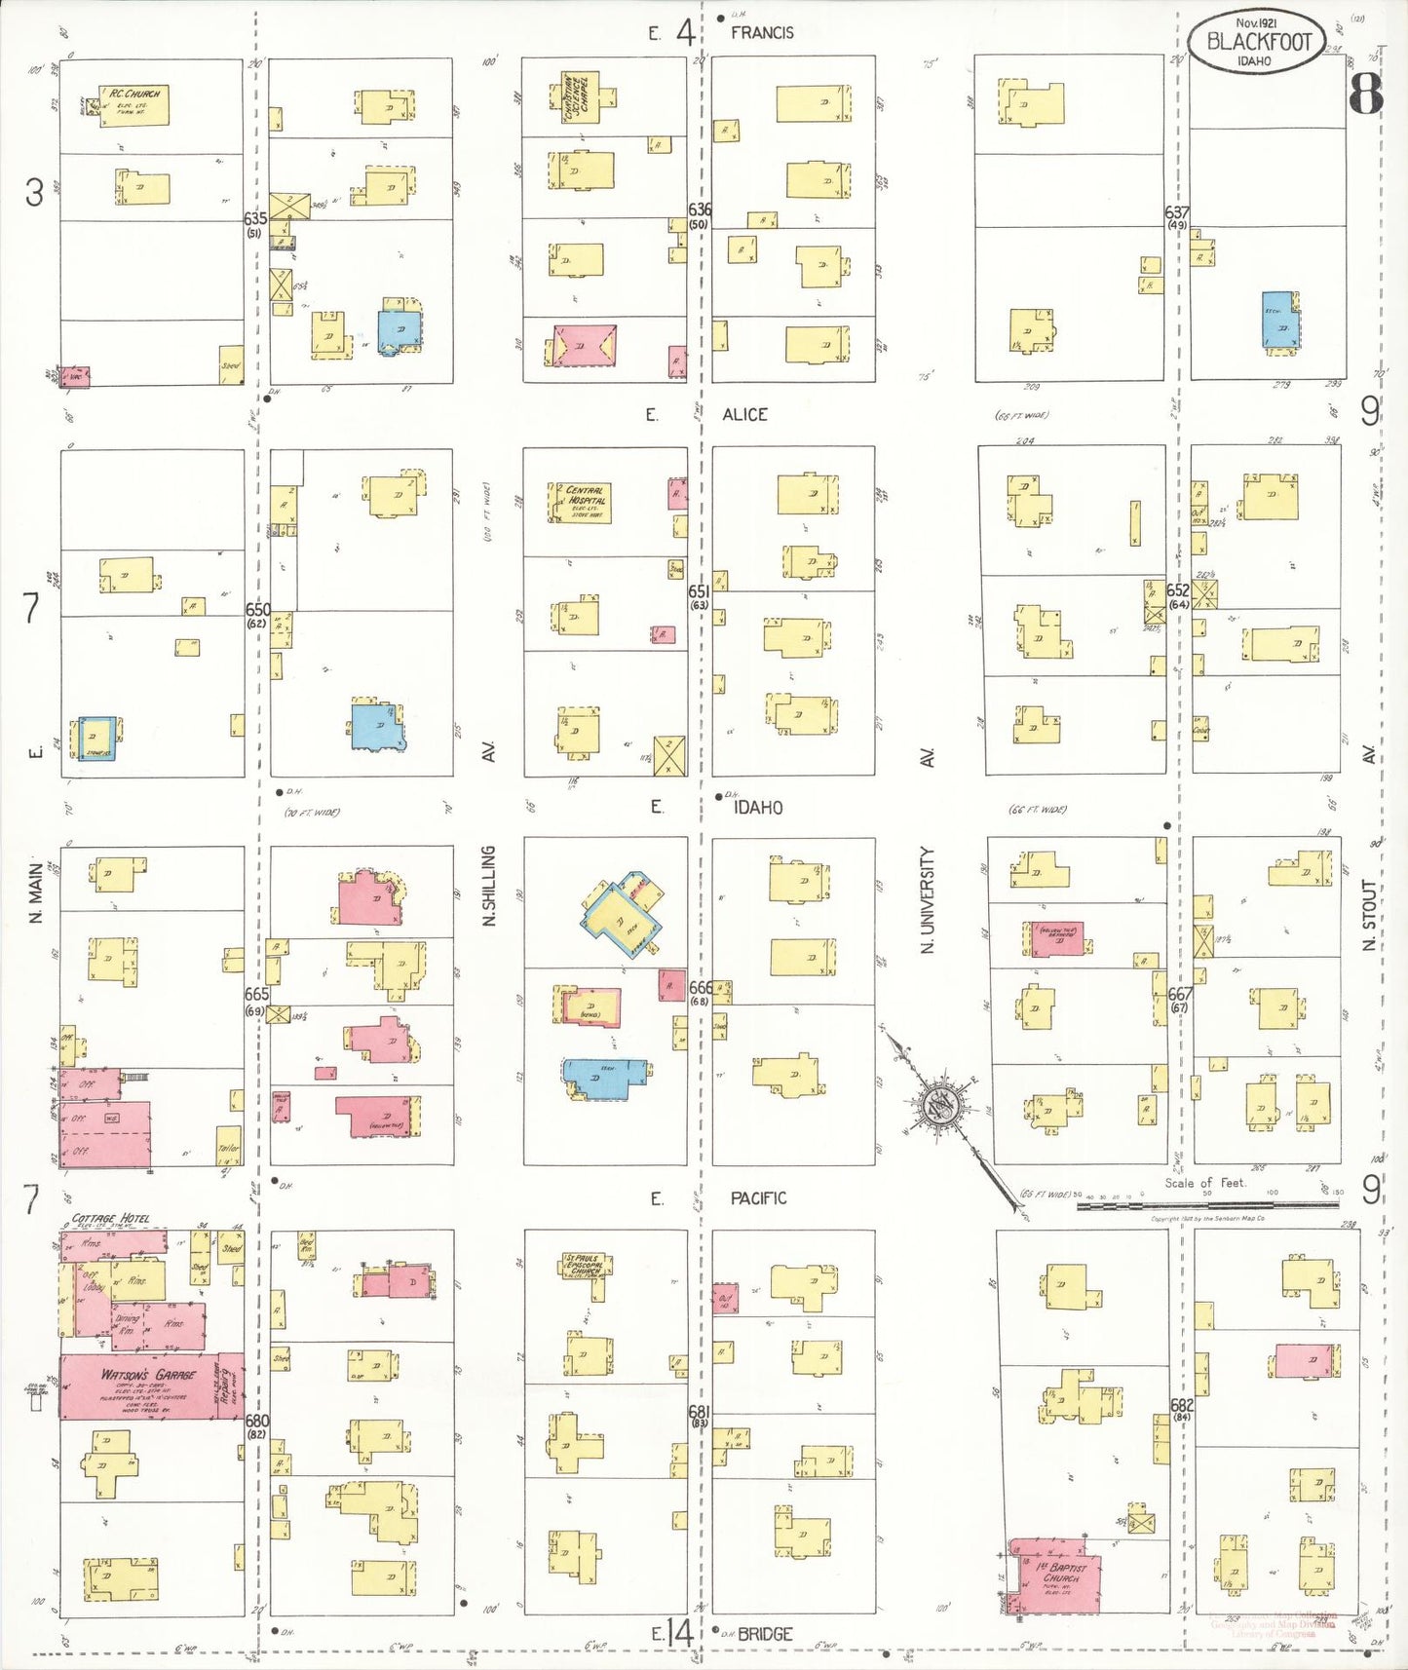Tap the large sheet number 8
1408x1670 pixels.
point(1366,95)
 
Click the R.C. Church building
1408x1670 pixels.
point(134,105)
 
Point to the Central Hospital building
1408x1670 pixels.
point(583,503)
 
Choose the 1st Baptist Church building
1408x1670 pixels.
point(1057,1576)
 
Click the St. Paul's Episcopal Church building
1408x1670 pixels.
point(584,1265)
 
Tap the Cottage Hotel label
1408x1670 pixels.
point(110,1218)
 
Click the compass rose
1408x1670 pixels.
point(940,1107)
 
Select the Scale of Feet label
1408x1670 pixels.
point(1205,1183)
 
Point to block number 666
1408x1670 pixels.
point(700,988)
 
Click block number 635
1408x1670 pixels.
point(255,219)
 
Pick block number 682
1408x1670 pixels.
point(1182,1405)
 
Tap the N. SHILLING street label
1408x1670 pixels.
point(489,885)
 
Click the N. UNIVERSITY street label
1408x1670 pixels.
point(928,898)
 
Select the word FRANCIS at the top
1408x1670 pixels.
point(762,32)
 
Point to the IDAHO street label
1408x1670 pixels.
point(758,807)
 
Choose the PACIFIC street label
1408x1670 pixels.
point(758,1197)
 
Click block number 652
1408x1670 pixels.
point(1178,590)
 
